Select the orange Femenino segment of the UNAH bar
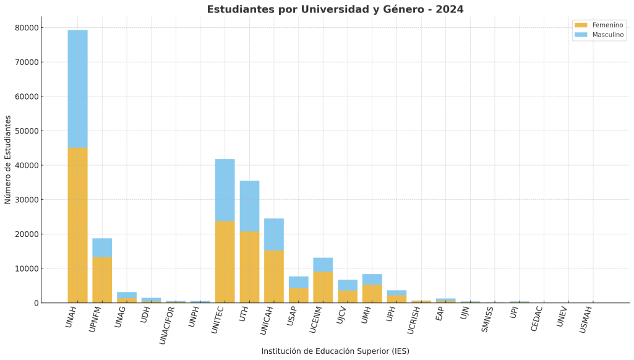coord(77,225)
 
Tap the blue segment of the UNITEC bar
coord(225,190)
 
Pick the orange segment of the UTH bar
coord(249,267)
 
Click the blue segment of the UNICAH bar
coord(274,234)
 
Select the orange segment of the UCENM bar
coord(323,287)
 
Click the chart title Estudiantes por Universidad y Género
coord(335,9)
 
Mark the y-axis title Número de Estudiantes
coord(8,159)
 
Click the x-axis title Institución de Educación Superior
coord(335,351)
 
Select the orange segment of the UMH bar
coord(372,293)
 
